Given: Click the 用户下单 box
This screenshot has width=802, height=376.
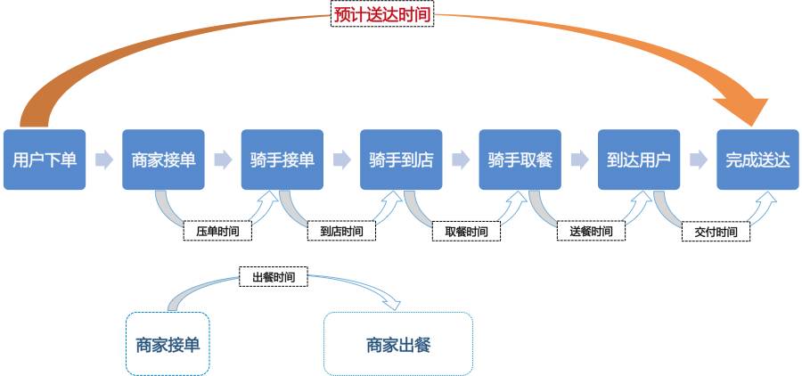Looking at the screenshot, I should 45,159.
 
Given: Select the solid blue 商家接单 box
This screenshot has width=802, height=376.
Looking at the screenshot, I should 163,159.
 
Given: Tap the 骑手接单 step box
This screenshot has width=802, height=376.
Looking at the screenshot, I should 282,159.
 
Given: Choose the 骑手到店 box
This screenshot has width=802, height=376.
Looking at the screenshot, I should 401,159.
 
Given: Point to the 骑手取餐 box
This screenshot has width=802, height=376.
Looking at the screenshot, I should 520,159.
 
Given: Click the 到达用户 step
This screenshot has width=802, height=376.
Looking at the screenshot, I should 638,159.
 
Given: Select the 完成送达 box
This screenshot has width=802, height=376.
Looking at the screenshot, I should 757,159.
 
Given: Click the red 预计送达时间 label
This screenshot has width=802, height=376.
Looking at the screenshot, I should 381,15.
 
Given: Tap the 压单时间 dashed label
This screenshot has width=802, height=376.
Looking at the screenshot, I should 217,232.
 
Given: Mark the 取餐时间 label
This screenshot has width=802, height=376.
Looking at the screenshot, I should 466,232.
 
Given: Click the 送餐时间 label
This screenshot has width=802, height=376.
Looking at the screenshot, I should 591,232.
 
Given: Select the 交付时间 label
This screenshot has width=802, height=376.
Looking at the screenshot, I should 716,232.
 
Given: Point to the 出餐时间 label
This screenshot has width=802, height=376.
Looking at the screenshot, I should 274,278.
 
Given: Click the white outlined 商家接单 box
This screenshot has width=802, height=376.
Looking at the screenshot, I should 168,344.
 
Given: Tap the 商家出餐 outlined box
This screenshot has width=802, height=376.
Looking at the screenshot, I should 397,344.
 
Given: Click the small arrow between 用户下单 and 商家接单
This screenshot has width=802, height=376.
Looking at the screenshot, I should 104,159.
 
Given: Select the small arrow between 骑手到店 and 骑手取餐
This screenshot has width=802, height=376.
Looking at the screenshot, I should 461,159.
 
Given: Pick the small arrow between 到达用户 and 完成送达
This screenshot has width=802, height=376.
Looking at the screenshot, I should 699,159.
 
